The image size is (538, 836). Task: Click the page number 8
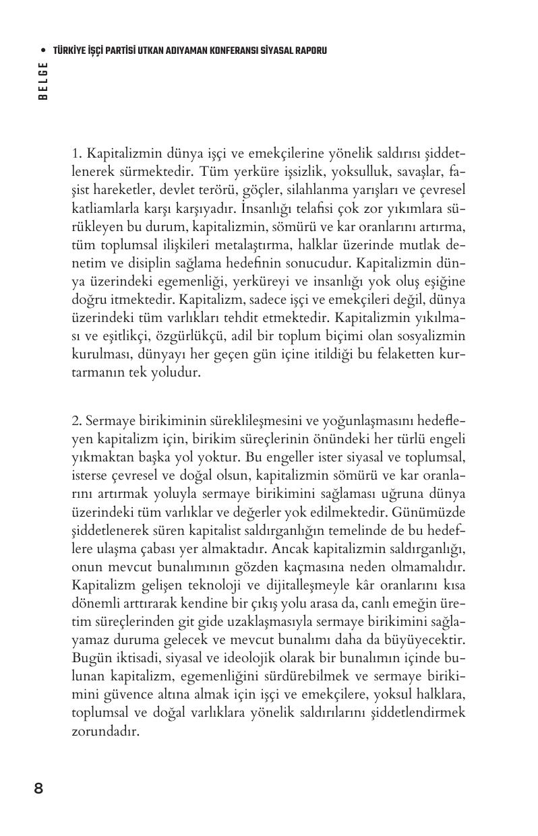pos(38,788)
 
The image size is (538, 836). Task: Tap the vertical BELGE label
pos(43,80)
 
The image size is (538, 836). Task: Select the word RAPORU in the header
pos(309,51)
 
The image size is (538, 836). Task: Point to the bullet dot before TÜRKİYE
pos(44,51)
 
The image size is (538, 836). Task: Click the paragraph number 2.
pos(76,421)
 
